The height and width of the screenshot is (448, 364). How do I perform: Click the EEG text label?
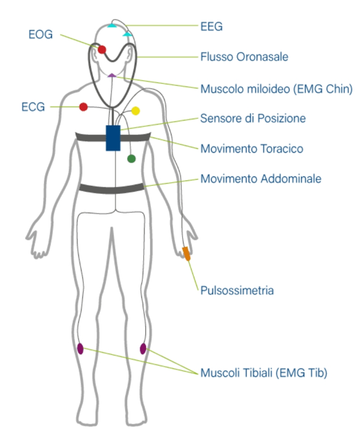pos(211,26)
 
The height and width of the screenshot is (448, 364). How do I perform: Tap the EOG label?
pos(41,34)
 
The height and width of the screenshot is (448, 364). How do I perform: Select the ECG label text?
pos(33,107)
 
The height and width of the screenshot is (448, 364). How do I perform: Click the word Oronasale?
pos(263,57)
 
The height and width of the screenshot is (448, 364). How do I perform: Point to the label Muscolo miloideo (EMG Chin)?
pos(276,89)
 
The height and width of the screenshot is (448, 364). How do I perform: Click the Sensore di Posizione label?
pos(253,118)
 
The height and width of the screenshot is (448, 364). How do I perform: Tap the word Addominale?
pos(291,179)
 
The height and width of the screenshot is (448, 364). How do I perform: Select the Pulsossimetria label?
pos(237,291)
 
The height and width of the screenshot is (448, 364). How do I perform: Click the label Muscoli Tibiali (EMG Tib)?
pos(264,373)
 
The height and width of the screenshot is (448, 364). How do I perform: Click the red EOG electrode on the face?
pos(102,50)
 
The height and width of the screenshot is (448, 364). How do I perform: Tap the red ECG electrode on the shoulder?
pos(83,107)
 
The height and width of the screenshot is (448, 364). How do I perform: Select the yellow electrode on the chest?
pos(136,111)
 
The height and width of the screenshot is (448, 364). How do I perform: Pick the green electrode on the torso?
pos(131,159)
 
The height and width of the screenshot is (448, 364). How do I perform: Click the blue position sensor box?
pos(113,138)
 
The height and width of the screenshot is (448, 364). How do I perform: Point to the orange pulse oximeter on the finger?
pos(186,253)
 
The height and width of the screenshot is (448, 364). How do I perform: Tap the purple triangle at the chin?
pos(112,76)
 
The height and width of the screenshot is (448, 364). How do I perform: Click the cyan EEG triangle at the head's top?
pos(112,26)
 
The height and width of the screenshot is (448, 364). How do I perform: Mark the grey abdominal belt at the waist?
pos(112,189)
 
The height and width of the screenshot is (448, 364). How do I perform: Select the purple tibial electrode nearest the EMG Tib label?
pos(143,349)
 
